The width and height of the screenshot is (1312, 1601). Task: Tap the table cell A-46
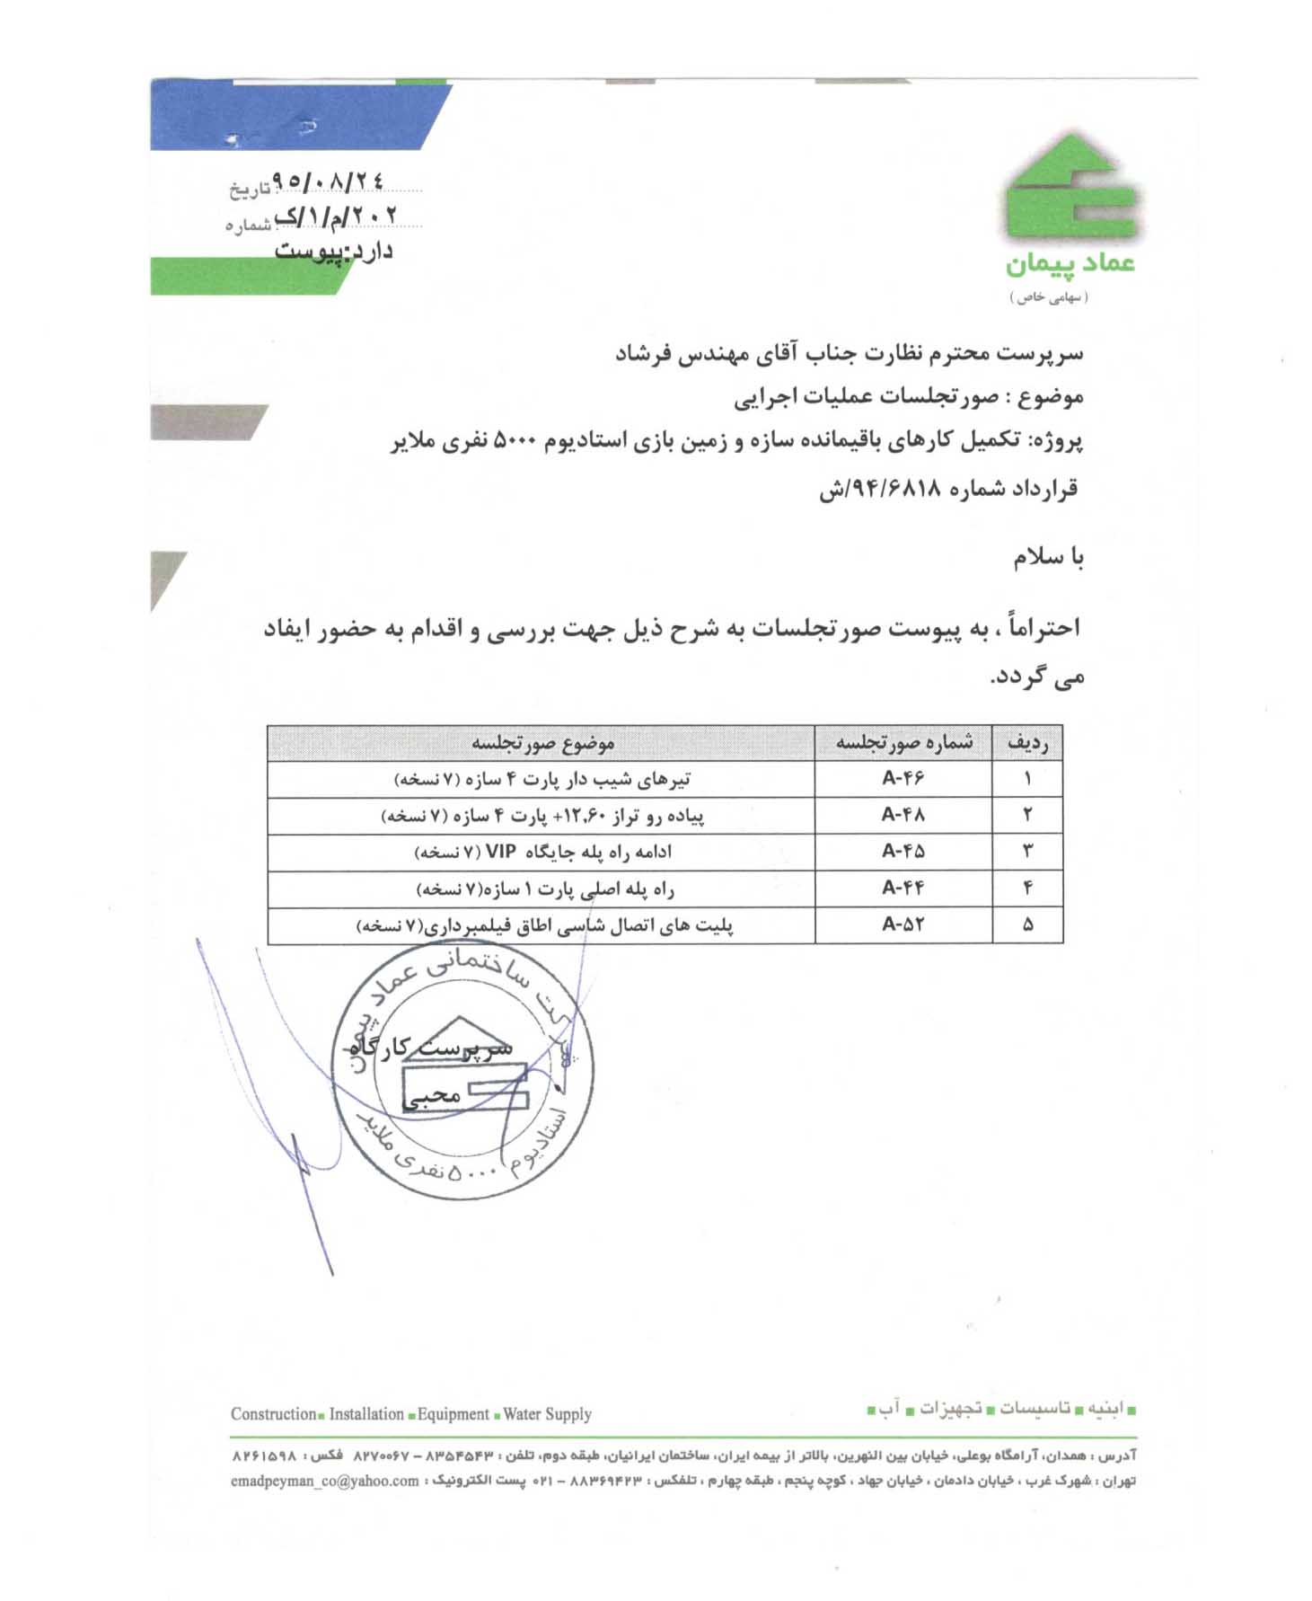[903, 778]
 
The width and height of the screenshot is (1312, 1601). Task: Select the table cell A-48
[903, 815]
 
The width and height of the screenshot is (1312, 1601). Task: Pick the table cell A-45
[903, 851]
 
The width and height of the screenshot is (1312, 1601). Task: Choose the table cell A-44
[903, 889]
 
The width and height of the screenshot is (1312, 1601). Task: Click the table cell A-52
[903, 924]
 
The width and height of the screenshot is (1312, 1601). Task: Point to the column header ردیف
[1027, 743]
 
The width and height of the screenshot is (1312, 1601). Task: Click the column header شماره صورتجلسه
[903, 743]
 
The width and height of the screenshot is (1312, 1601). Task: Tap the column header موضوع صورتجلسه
[542, 743]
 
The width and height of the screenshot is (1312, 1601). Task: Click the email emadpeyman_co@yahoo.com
[324, 1481]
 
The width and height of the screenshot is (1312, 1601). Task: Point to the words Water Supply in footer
[547, 1414]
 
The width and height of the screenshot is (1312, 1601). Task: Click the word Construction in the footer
[273, 1414]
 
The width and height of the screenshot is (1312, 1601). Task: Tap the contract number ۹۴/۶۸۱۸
[885, 490]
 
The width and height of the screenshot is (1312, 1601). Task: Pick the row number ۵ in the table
[1027, 924]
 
